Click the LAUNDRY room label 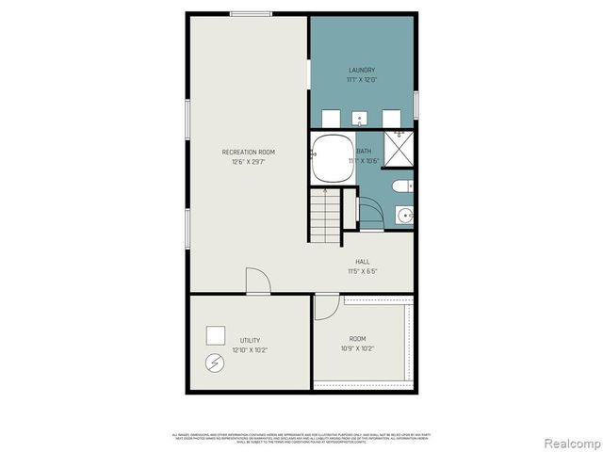362,70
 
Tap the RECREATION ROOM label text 249,152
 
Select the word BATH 364,151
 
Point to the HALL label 362,262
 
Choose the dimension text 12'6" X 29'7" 249,162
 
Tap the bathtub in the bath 331,157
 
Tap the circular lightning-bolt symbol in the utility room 215,362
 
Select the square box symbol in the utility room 216,333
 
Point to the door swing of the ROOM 325,307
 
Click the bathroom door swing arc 370,212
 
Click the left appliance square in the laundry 331,119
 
